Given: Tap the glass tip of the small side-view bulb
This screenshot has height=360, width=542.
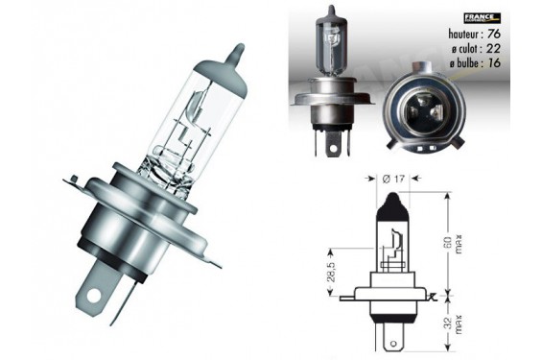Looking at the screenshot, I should (329, 12).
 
